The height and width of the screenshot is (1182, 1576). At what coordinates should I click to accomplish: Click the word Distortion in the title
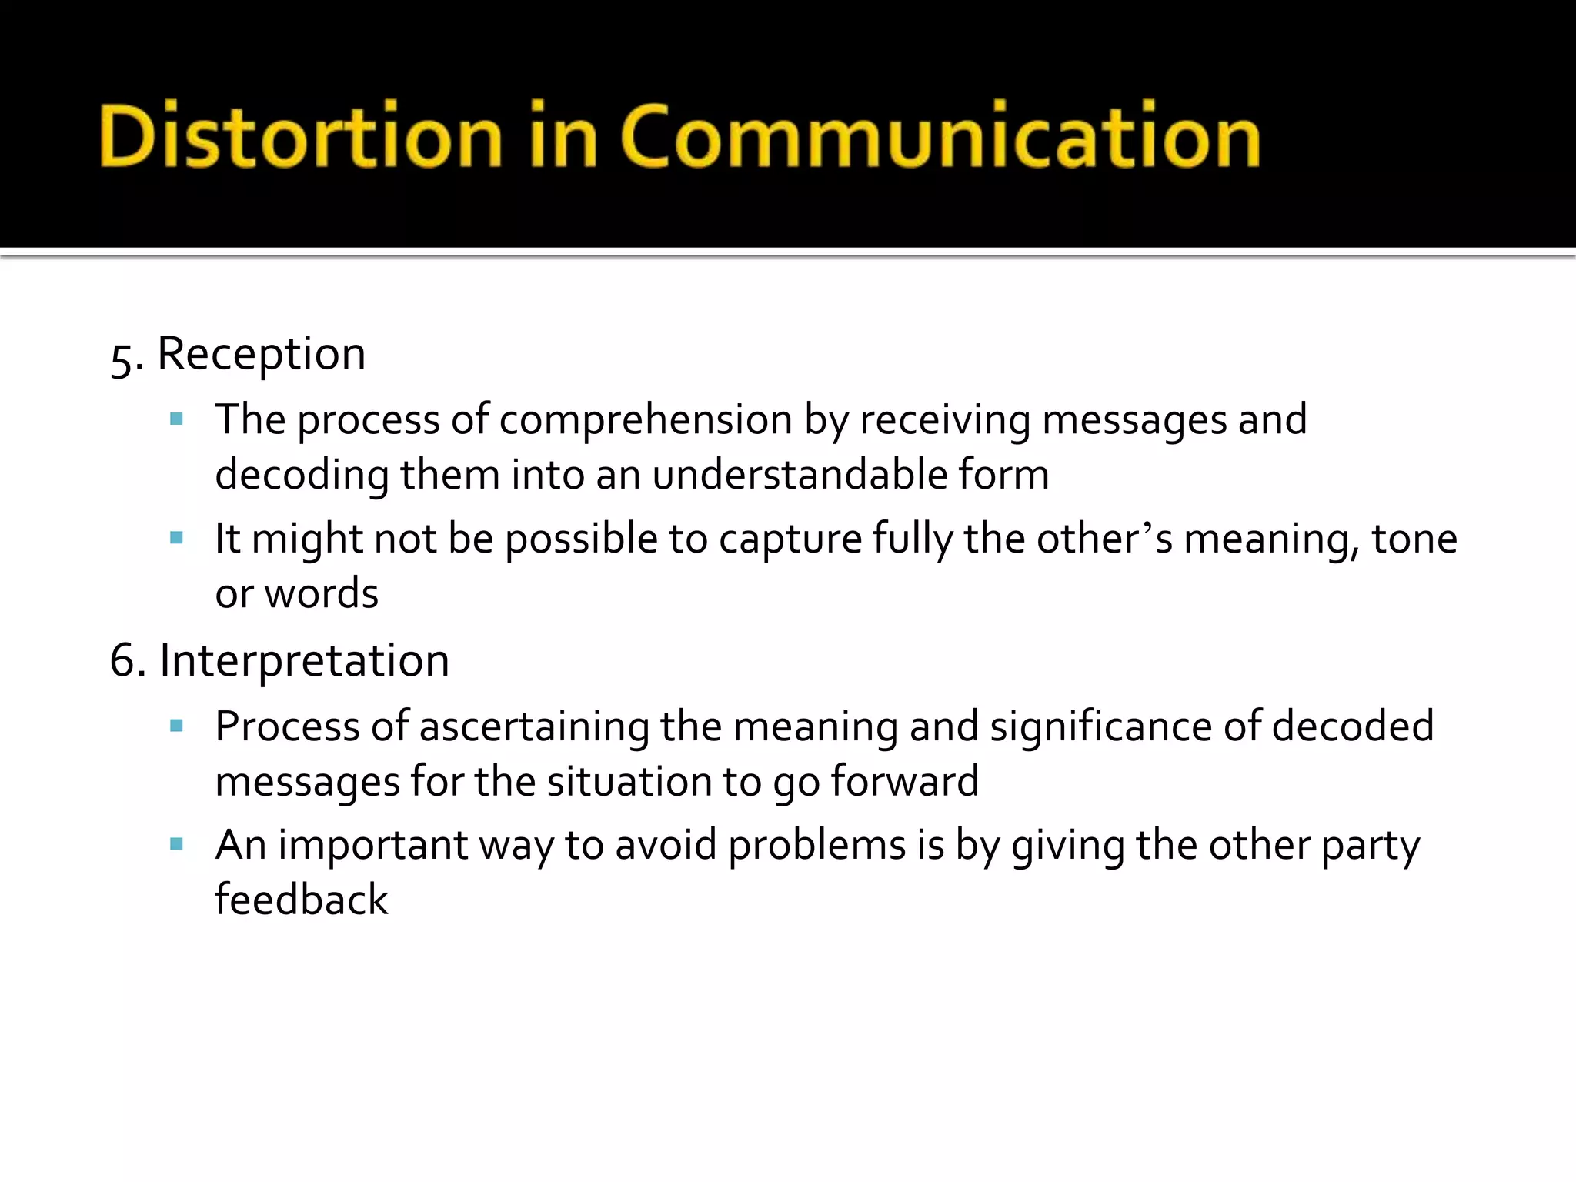(x=301, y=136)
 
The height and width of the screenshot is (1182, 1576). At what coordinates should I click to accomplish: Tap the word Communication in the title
(x=940, y=136)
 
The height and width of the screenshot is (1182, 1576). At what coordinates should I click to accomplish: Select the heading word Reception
(x=262, y=355)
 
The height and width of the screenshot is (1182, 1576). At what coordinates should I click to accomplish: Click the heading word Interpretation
(x=304, y=661)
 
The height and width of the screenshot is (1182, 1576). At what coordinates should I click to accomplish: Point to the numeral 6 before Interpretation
(x=122, y=661)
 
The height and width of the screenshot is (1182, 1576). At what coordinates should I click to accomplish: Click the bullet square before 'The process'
(x=176, y=419)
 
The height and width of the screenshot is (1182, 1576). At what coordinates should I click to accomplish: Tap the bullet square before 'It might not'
(x=176, y=538)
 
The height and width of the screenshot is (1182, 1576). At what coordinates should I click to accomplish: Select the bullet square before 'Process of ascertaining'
(x=176, y=726)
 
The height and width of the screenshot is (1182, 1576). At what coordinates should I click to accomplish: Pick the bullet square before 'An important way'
(x=176, y=844)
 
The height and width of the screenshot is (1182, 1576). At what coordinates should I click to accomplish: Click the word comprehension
(x=646, y=421)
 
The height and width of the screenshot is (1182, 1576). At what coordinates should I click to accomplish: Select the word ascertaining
(x=534, y=727)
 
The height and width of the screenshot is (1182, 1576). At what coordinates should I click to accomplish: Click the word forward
(x=904, y=782)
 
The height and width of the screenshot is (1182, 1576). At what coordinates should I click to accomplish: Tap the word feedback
(x=302, y=900)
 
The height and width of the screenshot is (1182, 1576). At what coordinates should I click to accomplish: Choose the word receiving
(x=945, y=421)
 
